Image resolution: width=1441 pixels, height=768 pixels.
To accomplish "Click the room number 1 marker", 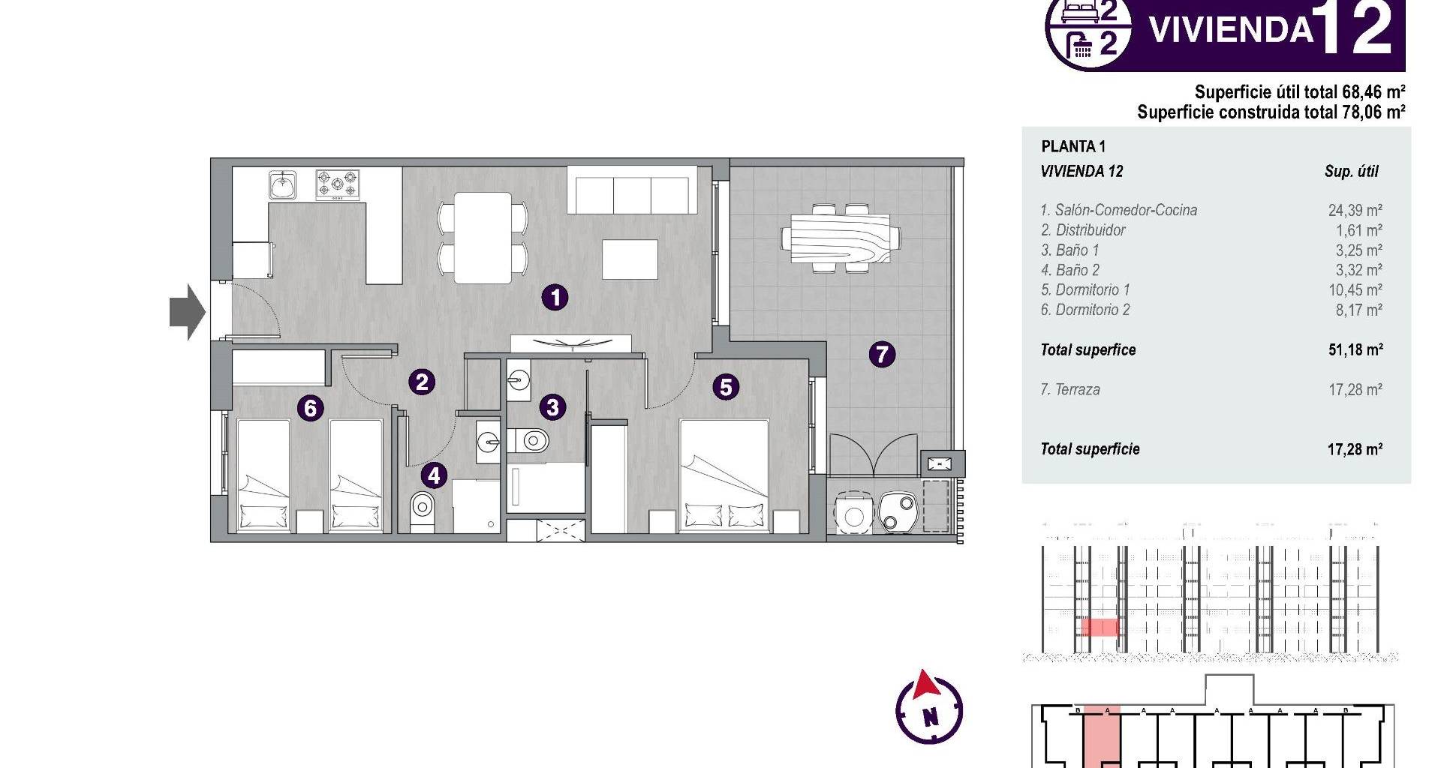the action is (555, 298).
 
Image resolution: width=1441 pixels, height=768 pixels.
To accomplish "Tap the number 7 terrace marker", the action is (882, 354).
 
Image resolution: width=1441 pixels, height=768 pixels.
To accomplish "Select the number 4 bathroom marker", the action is (434, 475).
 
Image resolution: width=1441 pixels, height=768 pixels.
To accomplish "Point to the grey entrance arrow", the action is (188, 311).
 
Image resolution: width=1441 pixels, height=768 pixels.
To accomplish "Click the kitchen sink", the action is (283, 184).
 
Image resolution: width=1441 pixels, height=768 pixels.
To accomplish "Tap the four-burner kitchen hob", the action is (337, 184).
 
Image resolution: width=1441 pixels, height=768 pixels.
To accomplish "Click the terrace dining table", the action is (840, 236).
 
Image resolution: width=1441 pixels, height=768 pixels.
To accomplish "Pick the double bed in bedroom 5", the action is (724, 475).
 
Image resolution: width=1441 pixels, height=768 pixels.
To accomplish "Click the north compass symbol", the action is (929, 708).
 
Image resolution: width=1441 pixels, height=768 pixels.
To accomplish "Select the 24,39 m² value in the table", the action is (1355, 211).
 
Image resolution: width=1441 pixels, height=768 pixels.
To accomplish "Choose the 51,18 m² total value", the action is (1355, 349).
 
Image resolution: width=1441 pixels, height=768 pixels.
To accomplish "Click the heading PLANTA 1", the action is (1073, 147).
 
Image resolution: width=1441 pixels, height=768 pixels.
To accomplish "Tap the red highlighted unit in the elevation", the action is (1100, 627).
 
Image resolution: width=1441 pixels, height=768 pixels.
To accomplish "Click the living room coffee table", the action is (630, 259).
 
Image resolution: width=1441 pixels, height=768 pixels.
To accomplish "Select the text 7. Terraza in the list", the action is (1070, 390).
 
